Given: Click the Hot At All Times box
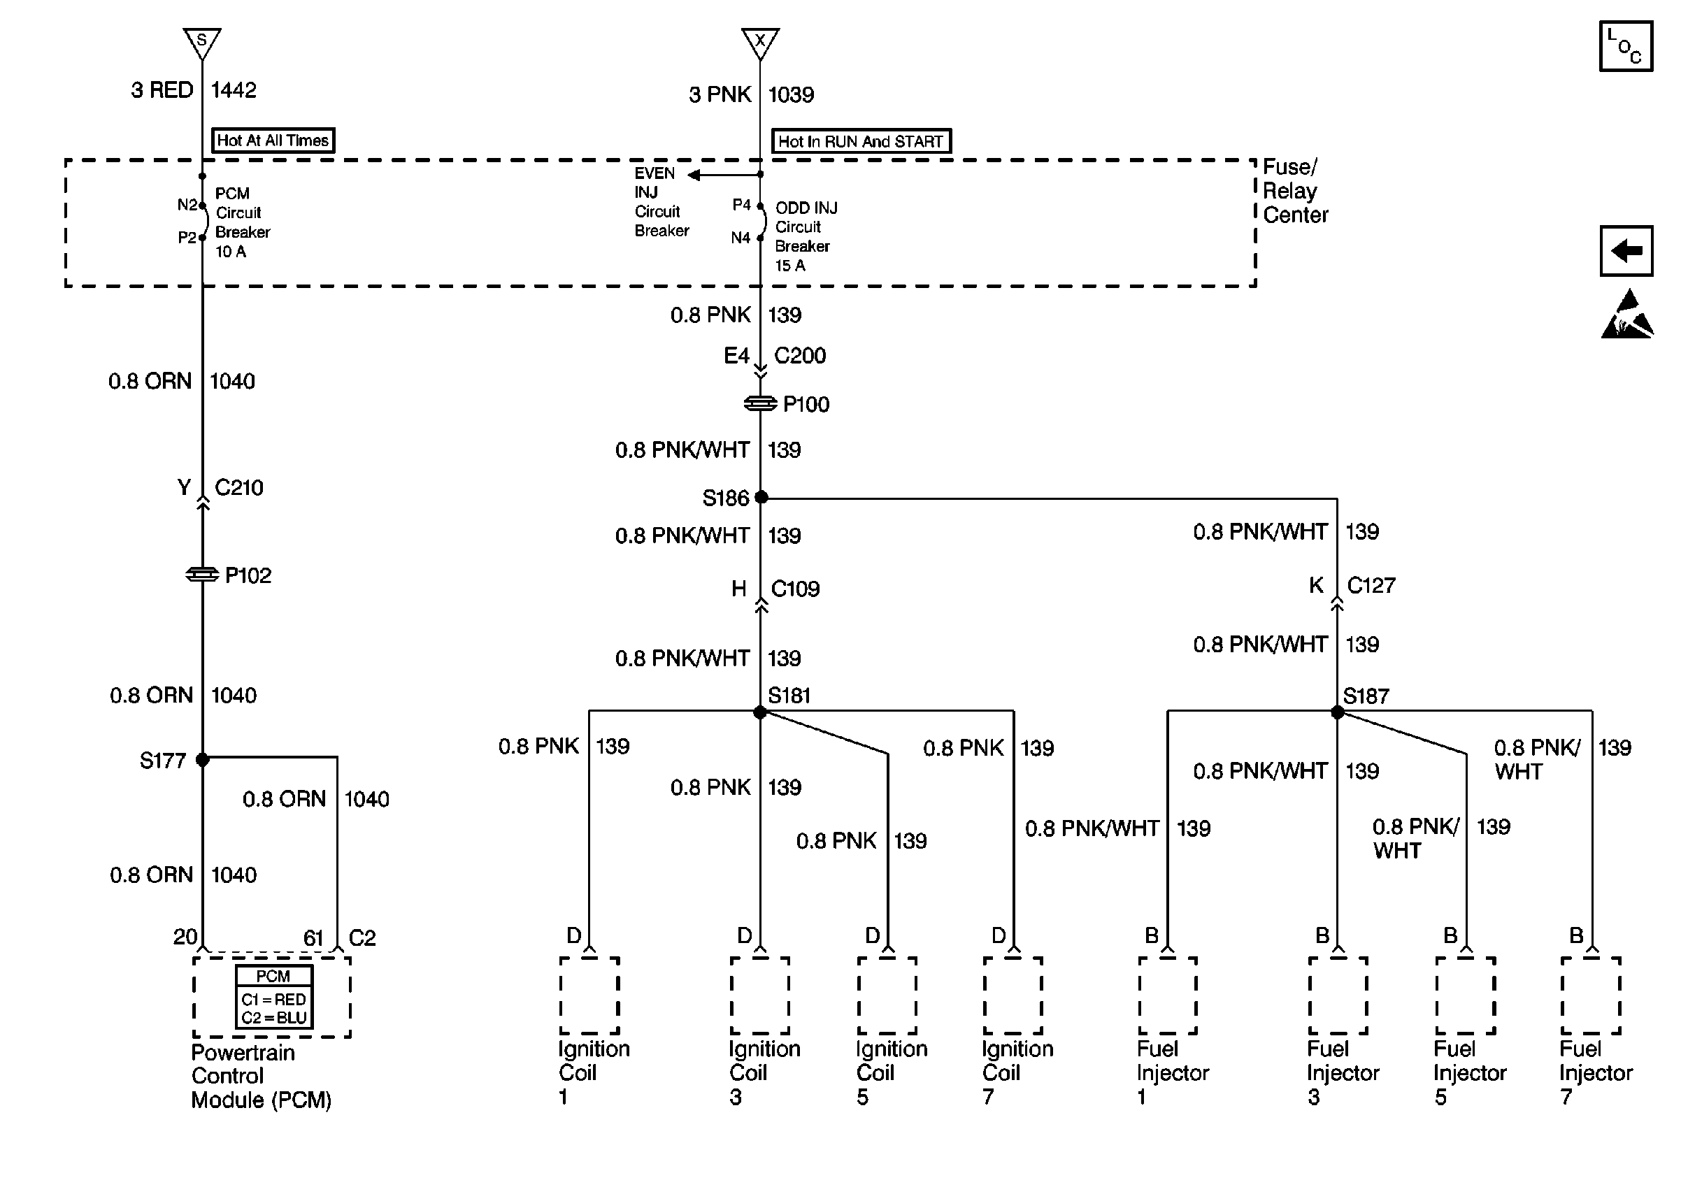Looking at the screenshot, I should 273,140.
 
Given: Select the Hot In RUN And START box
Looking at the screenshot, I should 861,141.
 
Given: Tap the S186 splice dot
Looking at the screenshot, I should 760,497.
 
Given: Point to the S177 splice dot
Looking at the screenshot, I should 202,759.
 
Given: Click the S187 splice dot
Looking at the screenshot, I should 1337,712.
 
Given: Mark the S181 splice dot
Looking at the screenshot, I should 760,712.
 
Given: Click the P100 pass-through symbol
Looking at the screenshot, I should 760,403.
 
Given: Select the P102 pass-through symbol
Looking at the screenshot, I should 202,574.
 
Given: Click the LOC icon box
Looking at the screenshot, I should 1626,46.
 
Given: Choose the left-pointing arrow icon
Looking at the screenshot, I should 1626,251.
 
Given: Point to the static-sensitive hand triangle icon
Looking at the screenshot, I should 1627,317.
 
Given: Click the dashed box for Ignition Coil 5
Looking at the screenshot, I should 887,995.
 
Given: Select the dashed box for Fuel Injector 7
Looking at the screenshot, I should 1590,995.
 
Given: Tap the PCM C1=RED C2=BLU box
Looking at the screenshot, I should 273,996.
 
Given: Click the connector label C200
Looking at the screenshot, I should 799,356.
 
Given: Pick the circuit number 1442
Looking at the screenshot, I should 234,90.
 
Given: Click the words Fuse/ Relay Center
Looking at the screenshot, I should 1294,191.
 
